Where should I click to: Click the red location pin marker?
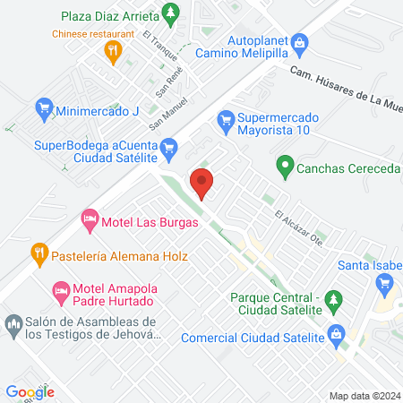(x=203, y=183)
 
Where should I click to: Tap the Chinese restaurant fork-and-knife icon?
(x=112, y=52)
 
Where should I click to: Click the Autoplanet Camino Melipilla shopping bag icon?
(x=301, y=41)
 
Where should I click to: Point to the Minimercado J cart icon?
(x=43, y=111)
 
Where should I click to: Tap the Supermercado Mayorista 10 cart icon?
(x=227, y=117)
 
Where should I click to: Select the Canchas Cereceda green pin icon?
(x=285, y=166)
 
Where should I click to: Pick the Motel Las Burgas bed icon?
(x=90, y=218)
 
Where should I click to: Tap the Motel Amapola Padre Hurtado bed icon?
(x=61, y=291)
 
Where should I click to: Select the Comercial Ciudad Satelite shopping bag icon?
(x=337, y=337)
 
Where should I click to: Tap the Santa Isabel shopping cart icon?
(x=386, y=282)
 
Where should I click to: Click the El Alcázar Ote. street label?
(x=298, y=226)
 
